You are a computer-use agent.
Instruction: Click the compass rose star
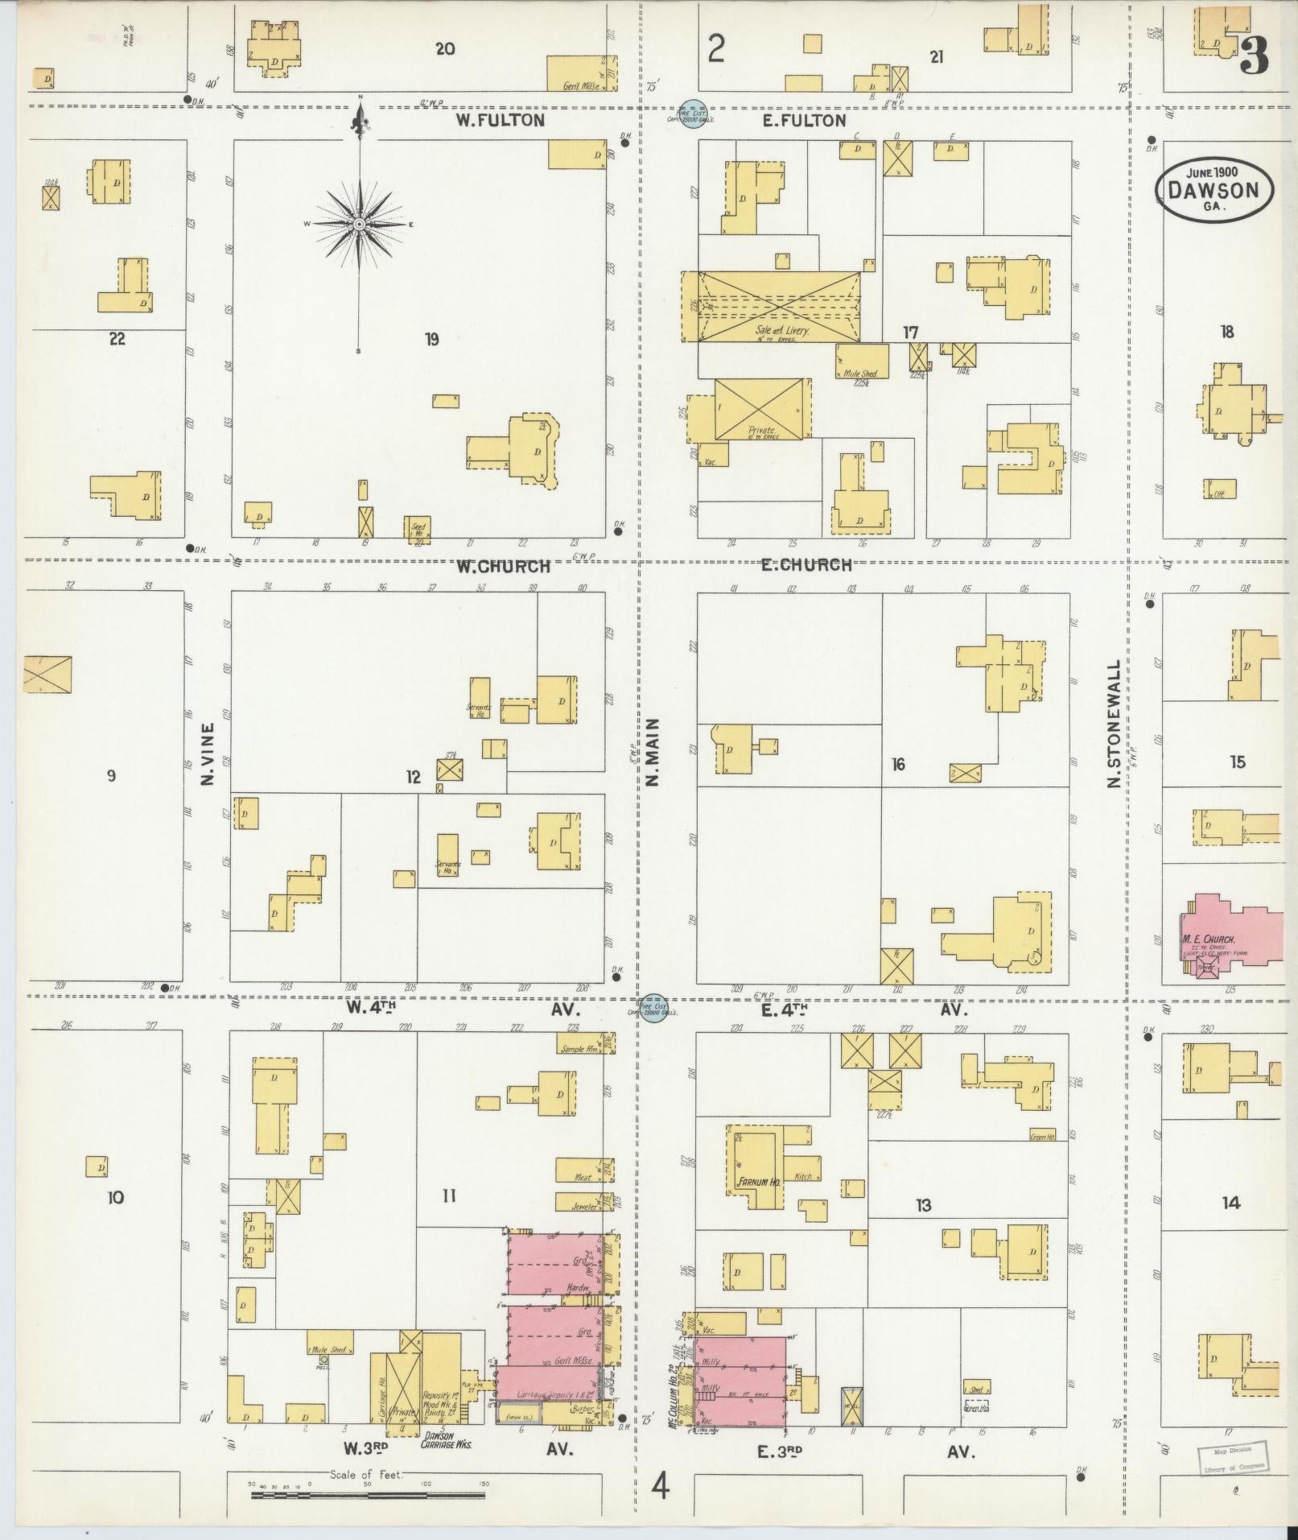tap(359, 223)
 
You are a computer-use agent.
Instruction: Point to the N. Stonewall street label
tap(1114, 724)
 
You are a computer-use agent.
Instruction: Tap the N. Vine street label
tap(208, 754)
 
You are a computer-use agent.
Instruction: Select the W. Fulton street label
tap(500, 121)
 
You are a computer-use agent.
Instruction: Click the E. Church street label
tap(806, 564)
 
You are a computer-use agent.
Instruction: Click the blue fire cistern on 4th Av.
tap(653, 1008)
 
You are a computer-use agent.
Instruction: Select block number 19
tap(432, 339)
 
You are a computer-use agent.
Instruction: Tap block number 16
tap(898, 763)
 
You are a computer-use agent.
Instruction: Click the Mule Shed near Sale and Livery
tap(862, 361)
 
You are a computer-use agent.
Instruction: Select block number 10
tap(115, 1198)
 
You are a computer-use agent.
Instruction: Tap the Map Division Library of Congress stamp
tap(1230, 1455)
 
